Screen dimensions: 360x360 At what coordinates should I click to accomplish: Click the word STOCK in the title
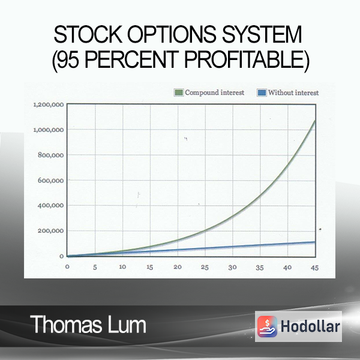point(88,34)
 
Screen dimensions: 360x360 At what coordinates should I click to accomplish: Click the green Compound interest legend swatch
point(179,92)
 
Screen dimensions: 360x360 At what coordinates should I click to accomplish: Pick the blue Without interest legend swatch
point(262,92)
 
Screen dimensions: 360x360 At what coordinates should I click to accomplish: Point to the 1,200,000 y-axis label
point(49,105)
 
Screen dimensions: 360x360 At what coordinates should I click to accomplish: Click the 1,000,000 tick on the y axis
point(49,130)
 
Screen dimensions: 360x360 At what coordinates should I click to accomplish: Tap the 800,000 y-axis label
point(51,155)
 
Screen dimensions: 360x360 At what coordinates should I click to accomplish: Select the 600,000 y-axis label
point(51,181)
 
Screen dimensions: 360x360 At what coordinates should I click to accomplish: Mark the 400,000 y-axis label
point(51,205)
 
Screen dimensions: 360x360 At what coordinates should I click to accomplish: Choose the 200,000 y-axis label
point(51,231)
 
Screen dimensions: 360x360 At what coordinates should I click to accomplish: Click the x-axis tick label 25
point(205,267)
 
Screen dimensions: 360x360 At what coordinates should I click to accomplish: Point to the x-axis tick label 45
point(314,268)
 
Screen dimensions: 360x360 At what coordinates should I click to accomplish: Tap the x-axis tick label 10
point(122,267)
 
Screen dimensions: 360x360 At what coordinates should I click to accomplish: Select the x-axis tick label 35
point(260,268)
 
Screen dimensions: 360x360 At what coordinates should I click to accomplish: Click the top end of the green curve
point(315,121)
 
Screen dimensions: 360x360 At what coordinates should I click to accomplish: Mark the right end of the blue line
point(315,242)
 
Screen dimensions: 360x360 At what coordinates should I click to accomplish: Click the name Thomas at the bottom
point(66,324)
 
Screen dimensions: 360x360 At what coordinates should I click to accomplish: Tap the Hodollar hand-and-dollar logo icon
point(267,326)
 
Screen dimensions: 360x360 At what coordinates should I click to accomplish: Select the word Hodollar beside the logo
point(310,326)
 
